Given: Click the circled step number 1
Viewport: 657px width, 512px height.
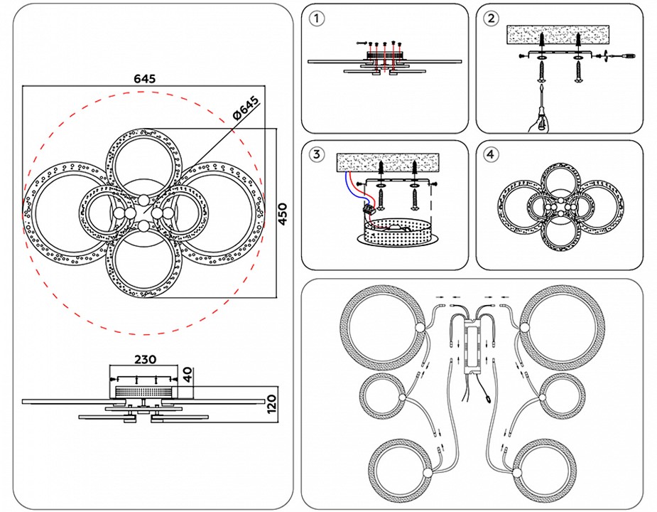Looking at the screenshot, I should click(x=317, y=19).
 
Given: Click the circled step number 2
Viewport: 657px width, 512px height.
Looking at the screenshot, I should click(x=491, y=19).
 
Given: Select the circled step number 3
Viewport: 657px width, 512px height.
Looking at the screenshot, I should click(x=317, y=154).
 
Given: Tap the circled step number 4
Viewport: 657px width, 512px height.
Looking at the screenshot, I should click(x=491, y=154).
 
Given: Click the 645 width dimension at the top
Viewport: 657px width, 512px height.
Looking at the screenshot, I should click(x=143, y=78).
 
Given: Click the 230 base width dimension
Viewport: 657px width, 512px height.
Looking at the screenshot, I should click(x=143, y=359).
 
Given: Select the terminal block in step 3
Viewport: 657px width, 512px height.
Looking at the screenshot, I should click(x=369, y=208).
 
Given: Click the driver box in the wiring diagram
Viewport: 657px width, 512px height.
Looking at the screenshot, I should click(x=470, y=348).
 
